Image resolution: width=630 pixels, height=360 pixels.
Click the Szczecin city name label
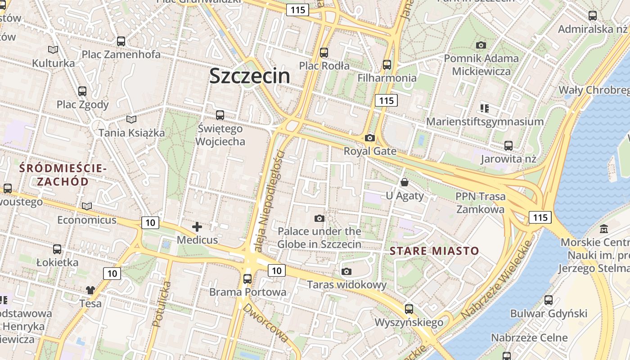point(250,76)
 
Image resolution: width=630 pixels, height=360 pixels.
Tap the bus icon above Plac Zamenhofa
point(121,41)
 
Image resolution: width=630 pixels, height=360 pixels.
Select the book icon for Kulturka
point(53,50)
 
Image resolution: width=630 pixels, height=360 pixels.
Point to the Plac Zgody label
point(82,104)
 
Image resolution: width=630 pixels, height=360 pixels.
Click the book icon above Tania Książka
point(131,120)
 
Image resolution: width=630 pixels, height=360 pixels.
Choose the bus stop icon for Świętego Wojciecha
point(220,115)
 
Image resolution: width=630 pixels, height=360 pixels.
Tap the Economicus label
point(86,220)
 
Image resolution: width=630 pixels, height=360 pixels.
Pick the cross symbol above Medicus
point(197,227)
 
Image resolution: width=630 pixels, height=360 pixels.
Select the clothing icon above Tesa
point(90,290)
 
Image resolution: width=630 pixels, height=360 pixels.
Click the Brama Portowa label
point(247,292)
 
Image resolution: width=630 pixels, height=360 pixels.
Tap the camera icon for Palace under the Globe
point(319,219)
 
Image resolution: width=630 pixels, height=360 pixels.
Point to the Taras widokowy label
point(346,284)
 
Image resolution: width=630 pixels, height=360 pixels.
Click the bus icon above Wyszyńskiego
point(409,309)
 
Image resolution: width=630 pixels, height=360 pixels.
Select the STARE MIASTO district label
point(434,251)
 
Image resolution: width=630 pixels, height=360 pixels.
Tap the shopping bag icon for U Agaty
point(405,182)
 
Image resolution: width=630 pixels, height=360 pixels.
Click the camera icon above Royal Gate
point(370,138)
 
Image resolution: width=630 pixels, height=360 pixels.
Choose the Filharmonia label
point(387,78)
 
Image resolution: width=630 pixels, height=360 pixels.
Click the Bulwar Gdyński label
point(549,313)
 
